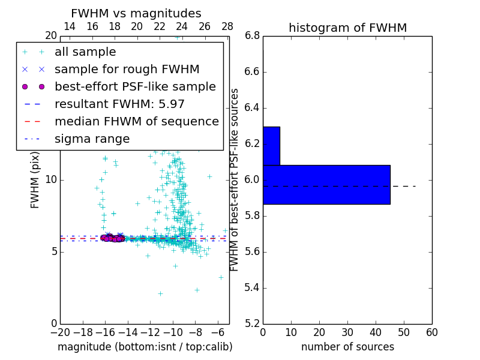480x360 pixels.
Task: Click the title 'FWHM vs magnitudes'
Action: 136,13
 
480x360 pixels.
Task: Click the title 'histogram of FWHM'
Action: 347,28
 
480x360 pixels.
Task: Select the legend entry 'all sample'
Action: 85,52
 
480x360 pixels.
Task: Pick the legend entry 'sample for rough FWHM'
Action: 127,69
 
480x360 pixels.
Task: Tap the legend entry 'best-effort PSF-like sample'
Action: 135,86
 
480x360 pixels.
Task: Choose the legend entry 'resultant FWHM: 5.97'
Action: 119,104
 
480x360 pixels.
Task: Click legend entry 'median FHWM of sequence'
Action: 136,121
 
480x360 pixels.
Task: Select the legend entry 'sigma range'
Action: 92,139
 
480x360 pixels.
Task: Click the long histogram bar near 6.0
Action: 326,184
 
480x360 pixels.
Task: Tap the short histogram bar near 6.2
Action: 271,146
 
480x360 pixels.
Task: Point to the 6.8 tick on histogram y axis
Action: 252,36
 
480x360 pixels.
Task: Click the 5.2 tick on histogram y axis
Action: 252,323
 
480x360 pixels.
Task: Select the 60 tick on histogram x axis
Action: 431,332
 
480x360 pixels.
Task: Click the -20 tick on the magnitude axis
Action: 60,332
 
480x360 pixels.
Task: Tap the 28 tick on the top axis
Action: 227,26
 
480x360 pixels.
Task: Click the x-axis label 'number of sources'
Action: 347,347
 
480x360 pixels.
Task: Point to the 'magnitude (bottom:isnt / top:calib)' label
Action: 145,347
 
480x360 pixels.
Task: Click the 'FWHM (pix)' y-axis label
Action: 35,180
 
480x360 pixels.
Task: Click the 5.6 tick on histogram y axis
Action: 252,251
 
